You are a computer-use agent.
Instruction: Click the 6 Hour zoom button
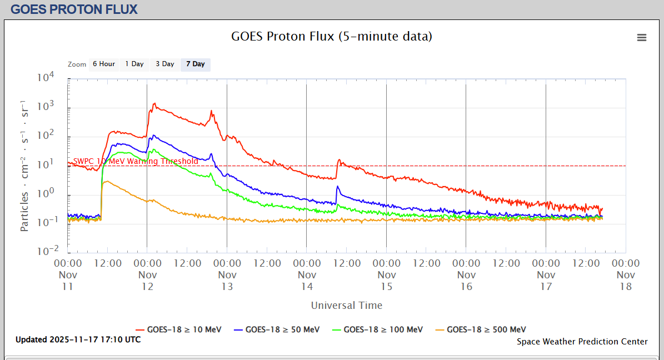coord(104,64)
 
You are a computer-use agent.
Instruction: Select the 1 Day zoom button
coord(134,64)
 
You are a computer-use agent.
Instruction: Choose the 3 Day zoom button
coord(165,64)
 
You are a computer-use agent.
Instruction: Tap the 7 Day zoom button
coord(196,64)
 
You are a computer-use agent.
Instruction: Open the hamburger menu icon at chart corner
coord(642,38)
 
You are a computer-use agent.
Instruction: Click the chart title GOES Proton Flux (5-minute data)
coord(332,37)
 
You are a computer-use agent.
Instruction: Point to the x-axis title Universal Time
coord(347,305)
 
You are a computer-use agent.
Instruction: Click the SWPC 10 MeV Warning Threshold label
coord(136,162)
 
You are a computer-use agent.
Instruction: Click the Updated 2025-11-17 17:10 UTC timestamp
coord(78,339)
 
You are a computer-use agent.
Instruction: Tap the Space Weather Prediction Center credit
coord(582,342)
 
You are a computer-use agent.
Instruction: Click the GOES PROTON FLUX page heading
coord(74,9)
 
